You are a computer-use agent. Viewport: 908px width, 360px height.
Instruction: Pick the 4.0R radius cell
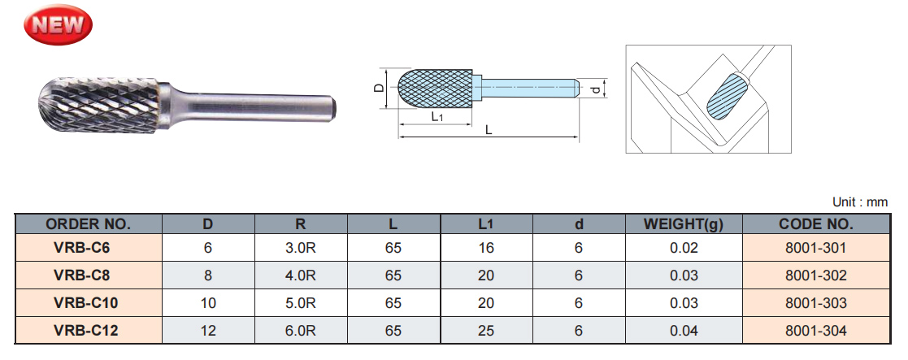[x=301, y=276]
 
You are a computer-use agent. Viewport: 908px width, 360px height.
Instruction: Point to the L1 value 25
[x=486, y=331]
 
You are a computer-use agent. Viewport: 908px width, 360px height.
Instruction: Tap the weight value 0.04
[x=684, y=331]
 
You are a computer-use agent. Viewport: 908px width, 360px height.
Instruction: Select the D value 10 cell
[x=208, y=303]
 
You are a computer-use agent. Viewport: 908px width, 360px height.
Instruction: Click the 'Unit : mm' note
[x=860, y=202]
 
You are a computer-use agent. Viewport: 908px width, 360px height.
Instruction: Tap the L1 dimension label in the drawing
[x=437, y=117]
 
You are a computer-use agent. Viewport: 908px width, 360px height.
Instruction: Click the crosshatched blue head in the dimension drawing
[x=437, y=86]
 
